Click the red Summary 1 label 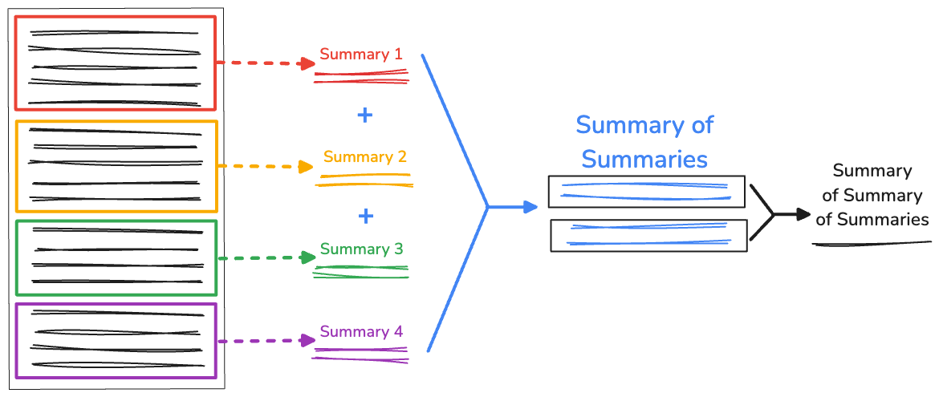[360, 55]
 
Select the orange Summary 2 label [364, 156]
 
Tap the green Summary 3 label [361, 249]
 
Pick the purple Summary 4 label [360, 331]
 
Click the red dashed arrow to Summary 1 [265, 63]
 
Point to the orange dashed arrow [265, 167]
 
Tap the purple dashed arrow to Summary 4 [265, 341]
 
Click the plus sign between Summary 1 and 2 [364, 115]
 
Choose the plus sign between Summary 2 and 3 [366, 216]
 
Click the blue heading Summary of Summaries [644, 142]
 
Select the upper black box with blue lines [646, 192]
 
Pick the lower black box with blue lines [648, 234]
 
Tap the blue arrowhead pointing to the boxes [529, 208]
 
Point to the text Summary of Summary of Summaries [872, 196]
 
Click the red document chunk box [116, 63]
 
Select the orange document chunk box [116, 166]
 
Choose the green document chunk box [116, 257]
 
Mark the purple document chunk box [116, 340]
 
